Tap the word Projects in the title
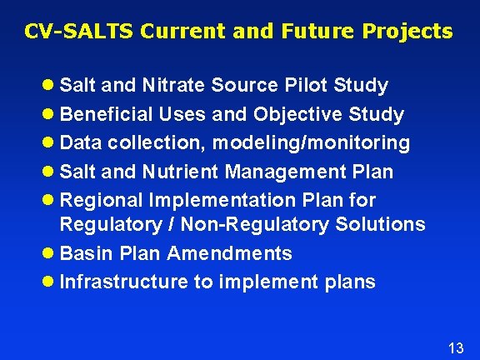click(409, 32)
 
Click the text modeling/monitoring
click(312, 143)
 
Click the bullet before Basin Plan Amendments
click(50, 253)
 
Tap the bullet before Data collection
click(50, 143)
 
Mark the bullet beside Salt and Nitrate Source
click(50, 86)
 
